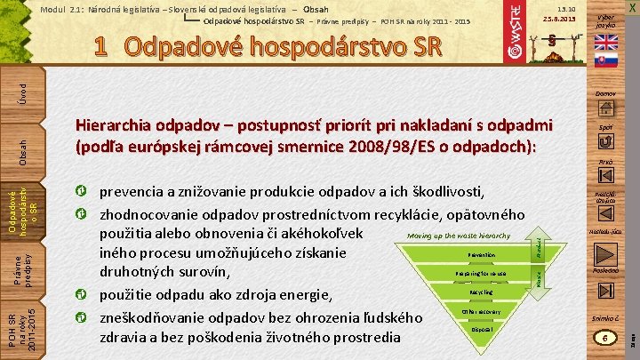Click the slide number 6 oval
pos(605,339)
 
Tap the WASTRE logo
pos(515,36)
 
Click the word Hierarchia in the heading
pos(120,126)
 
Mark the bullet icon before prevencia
pos(81,192)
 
